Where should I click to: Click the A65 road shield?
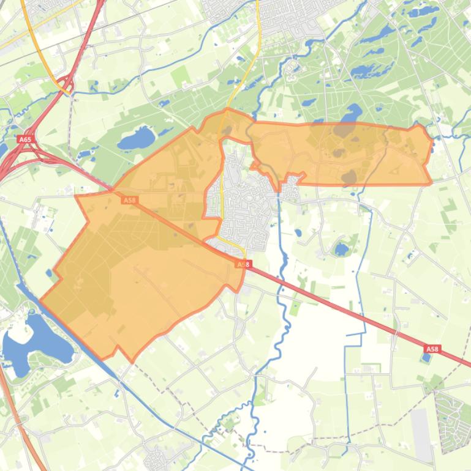pos(24,139)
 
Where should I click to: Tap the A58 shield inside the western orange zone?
pos(129,199)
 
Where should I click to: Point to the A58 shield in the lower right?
pos(432,349)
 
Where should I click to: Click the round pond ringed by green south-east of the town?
pos(341,249)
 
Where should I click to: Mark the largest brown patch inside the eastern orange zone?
pos(344,129)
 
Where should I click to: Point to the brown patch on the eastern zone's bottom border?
pos(349,178)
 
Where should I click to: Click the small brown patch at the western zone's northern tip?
pos(227,130)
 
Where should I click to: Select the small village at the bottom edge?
pos(156,459)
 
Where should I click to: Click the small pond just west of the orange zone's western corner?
pos(48,273)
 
